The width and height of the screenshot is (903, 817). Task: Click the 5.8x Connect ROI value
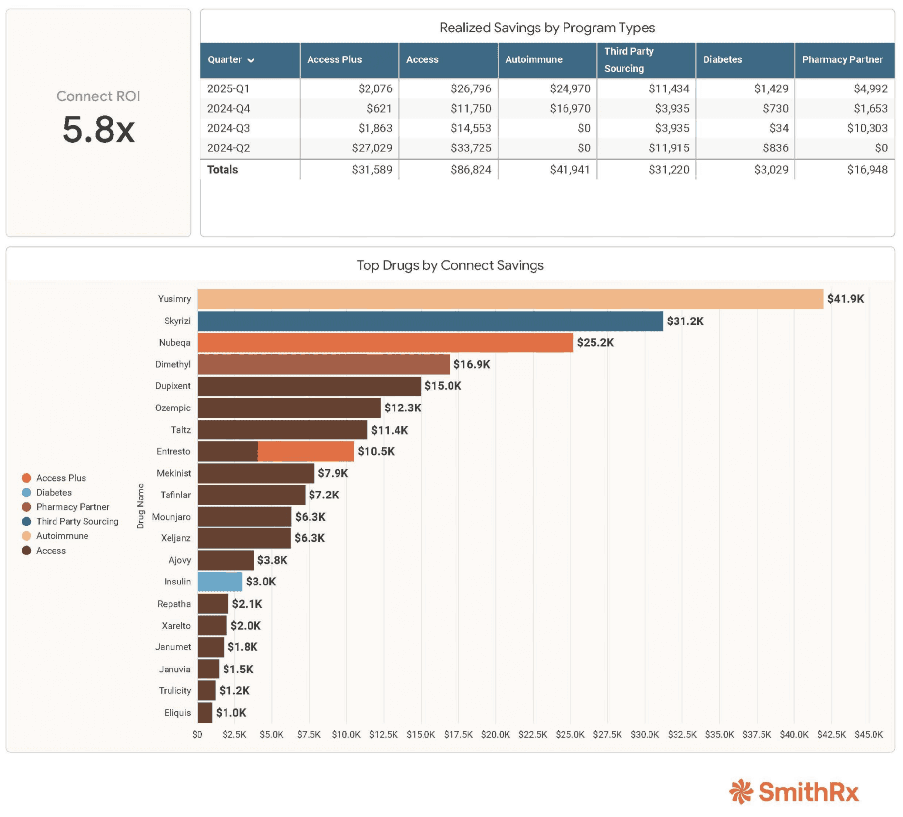[98, 130]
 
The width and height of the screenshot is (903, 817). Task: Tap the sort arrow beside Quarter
[251, 60]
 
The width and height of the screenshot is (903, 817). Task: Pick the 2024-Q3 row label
[228, 128]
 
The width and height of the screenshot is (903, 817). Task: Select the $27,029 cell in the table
[372, 148]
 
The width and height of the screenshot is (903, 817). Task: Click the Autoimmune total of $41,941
[570, 170]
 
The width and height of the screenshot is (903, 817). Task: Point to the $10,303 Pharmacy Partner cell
[868, 128]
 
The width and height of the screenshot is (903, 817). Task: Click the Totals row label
[223, 170]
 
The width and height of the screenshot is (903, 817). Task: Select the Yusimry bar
[510, 299]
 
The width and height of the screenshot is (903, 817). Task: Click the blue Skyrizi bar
[430, 321]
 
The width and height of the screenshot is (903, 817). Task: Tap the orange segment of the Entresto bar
[306, 451]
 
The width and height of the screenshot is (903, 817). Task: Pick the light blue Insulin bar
[220, 582]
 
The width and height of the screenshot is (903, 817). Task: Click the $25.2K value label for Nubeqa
[595, 343]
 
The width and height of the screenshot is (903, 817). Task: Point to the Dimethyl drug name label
[172, 364]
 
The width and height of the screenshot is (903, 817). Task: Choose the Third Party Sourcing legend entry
[70, 521]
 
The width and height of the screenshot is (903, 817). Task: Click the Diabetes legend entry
[47, 492]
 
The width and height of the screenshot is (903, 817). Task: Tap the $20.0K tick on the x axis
[495, 734]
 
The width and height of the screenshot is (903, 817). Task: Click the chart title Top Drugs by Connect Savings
[450, 265]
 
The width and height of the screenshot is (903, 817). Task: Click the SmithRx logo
[794, 791]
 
